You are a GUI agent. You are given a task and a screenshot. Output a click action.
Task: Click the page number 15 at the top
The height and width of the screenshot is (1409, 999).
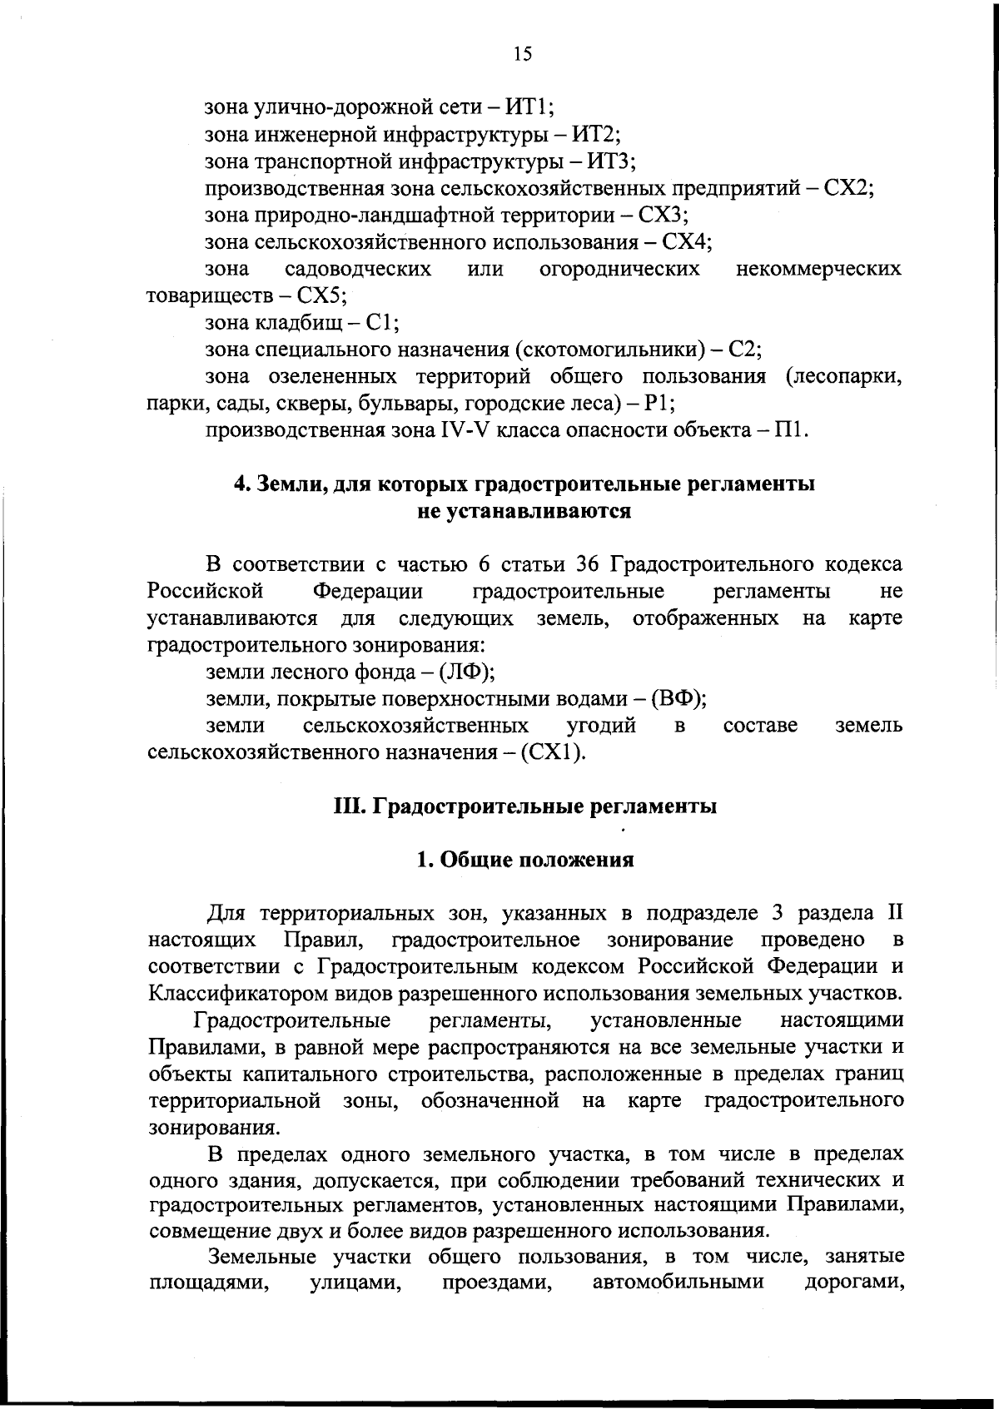[522, 54]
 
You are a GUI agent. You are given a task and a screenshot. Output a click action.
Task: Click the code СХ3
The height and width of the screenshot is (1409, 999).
[661, 215]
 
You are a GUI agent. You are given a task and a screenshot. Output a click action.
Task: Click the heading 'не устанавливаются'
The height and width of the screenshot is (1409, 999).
[524, 510]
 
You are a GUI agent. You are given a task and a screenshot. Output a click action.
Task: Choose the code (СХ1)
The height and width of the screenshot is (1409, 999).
[553, 752]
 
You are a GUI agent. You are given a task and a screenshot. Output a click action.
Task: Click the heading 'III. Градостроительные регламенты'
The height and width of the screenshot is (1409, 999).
[524, 806]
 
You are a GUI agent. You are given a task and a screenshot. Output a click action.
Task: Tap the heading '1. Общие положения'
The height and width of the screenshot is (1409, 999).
[524, 860]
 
